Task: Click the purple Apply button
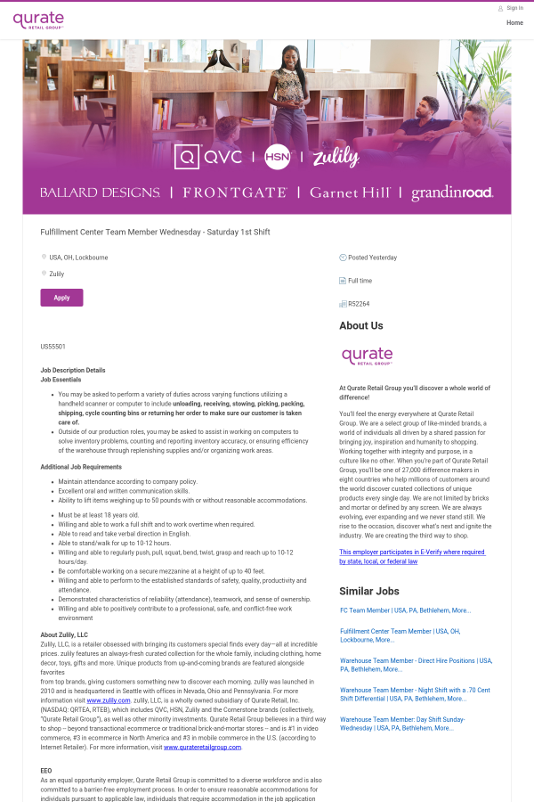[61, 298]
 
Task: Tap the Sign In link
[514, 8]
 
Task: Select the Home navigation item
[514, 22]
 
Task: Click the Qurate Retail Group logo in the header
[38, 20]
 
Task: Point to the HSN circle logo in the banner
[278, 157]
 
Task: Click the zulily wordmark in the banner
[336, 158]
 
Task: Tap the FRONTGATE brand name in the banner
[235, 192]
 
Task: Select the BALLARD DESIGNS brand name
[100, 192]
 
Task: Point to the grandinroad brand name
[451, 192]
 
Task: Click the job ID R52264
[359, 304]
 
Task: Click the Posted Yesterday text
[372, 258]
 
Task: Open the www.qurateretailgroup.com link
[202, 747]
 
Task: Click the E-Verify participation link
[412, 557]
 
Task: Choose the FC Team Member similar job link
[405, 610]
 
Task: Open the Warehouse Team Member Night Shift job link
[415, 694]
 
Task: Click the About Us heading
[360, 326]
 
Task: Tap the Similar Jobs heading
[369, 591]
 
